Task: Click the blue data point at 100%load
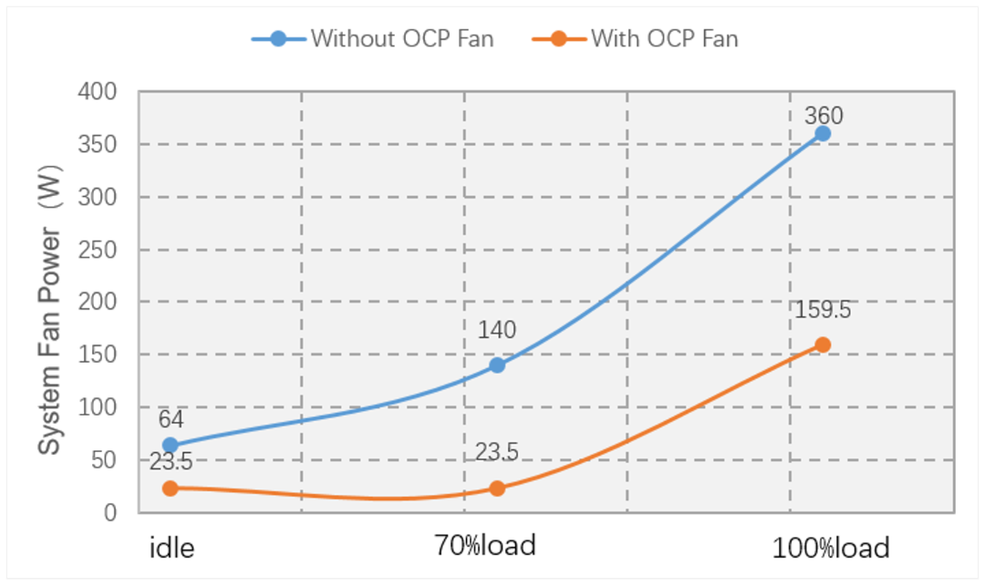pos(822,133)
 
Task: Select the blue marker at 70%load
pos(497,365)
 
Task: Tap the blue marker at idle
pos(171,446)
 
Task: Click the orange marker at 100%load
pos(822,344)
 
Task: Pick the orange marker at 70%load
pos(497,488)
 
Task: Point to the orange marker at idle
pos(171,488)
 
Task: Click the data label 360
pos(824,116)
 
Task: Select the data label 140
pos(497,330)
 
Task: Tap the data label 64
pos(171,420)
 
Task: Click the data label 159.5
pos(824,310)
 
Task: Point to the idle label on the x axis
pos(172,548)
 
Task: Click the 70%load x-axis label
pos(484,546)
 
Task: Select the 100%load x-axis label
pos(830,548)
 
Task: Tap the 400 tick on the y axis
pos(98,92)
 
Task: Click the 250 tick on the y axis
pos(98,250)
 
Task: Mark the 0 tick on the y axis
pos(110,513)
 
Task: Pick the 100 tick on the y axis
pos(98,407)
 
